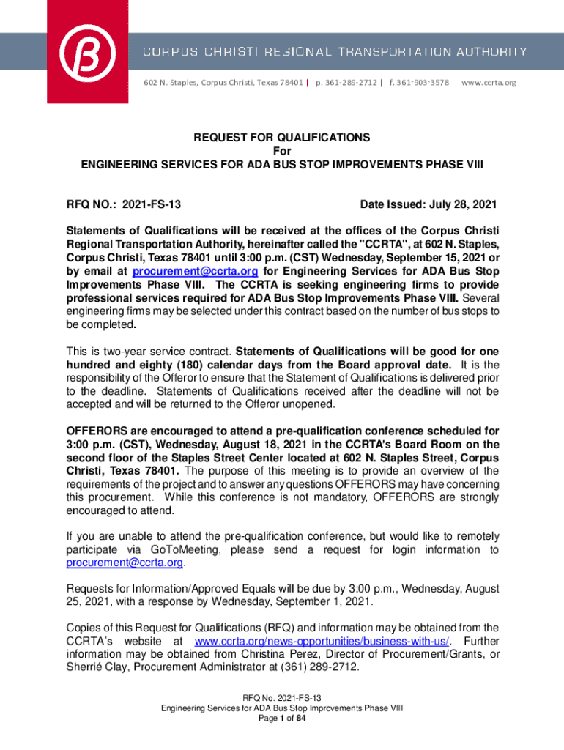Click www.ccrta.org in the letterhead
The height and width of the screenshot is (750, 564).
[x=489, y=83]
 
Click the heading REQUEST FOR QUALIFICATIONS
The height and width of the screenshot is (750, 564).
[x=281, y=138]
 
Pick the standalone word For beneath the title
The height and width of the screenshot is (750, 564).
[x=281, y=151]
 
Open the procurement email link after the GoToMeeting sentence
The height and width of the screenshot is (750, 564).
[x=125, y=562]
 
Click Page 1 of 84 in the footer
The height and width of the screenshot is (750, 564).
[x=281, y=719]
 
